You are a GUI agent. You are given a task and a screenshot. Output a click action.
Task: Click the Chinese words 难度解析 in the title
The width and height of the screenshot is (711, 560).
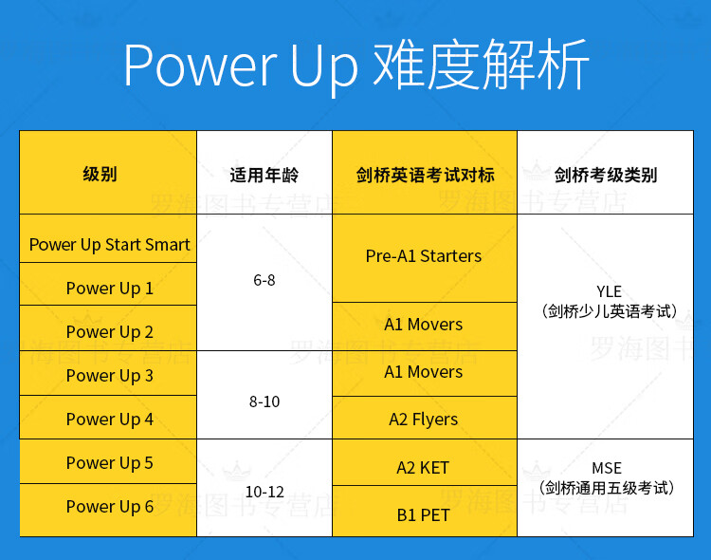pyautogui.click(x=481, y=65)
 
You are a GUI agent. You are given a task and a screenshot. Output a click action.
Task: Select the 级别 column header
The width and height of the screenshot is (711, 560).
pyautogui.click(x=100, y=174)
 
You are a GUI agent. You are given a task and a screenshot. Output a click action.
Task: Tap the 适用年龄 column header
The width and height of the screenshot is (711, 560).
pyautogui.click(x=264, y=175)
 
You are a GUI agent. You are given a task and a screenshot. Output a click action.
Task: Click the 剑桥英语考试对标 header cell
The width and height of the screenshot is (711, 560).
pyautogui.click(x=425, y=175)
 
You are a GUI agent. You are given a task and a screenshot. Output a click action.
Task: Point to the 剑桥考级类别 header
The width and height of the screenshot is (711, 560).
pyautogui.click(x=606, y=175)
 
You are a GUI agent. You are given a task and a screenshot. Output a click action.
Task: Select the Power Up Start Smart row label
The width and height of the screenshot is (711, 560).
pyautogui.click(x=109, y=245)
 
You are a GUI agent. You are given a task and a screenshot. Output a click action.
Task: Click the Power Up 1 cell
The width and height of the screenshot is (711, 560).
pyautogui.click(x=109, y=289)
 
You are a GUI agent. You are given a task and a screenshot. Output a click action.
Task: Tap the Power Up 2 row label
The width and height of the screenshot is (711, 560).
pyautogui.click(x=109, y=332)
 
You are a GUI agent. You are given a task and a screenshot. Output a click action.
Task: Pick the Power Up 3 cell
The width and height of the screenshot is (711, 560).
pyautogui.click(x=109, y=376)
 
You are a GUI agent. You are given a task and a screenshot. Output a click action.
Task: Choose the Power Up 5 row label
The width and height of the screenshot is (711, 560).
pyautogui.click(x=109, y=463)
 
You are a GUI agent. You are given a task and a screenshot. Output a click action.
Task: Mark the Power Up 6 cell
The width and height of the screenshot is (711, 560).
pyautogui.click(x=109, y=507)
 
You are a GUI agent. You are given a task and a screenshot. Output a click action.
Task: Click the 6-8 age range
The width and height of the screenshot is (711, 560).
pyautogui.click(x=264, y=280)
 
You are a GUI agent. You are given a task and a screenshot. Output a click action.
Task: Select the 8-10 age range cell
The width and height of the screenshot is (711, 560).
pyautogui.click(x=264, y=401)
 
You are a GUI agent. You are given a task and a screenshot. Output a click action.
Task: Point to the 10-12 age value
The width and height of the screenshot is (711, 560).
pyautogui.click(x=264, y=492)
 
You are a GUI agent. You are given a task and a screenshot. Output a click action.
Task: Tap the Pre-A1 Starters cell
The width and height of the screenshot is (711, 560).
pyautogui.click(x=424, y=256)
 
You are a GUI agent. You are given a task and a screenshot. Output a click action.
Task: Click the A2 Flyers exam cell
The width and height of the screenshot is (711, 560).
pyautogui.click(x=424, y=420)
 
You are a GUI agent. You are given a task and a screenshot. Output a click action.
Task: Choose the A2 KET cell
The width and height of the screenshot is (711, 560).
pyautogui.click(x=423, y=468)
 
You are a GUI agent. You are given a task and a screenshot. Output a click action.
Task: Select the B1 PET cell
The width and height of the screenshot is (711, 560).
pyautogui.click(x=423, y=515)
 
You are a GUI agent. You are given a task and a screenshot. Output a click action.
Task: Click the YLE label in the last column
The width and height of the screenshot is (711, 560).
pyautogui.click(x=609, y=291)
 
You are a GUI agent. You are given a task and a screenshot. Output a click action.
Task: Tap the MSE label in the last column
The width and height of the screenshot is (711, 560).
pyautogui.click(x=607, y=468)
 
